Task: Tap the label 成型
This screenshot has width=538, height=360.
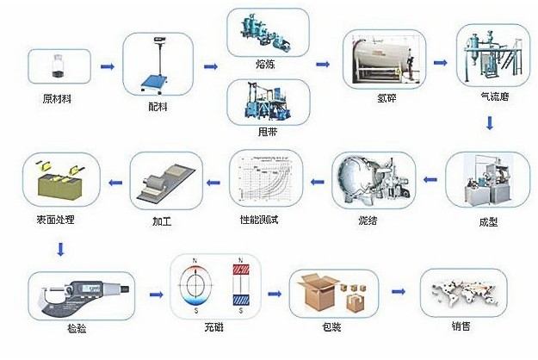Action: pos(487,221)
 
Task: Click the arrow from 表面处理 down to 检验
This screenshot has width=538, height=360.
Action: pos(59,251)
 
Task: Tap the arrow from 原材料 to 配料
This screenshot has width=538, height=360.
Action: pos(108,66)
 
